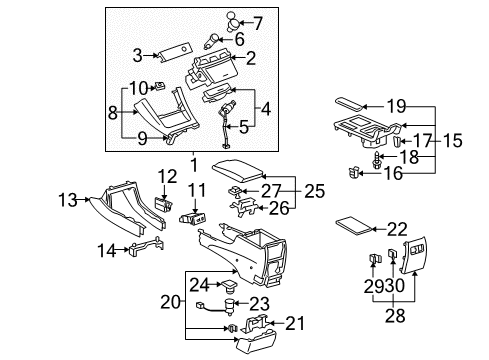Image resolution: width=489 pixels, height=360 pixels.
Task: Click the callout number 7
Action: [258, 22]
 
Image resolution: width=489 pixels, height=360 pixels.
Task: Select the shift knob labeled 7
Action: [230, 21]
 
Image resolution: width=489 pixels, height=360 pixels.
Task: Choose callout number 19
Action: [397, 105]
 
